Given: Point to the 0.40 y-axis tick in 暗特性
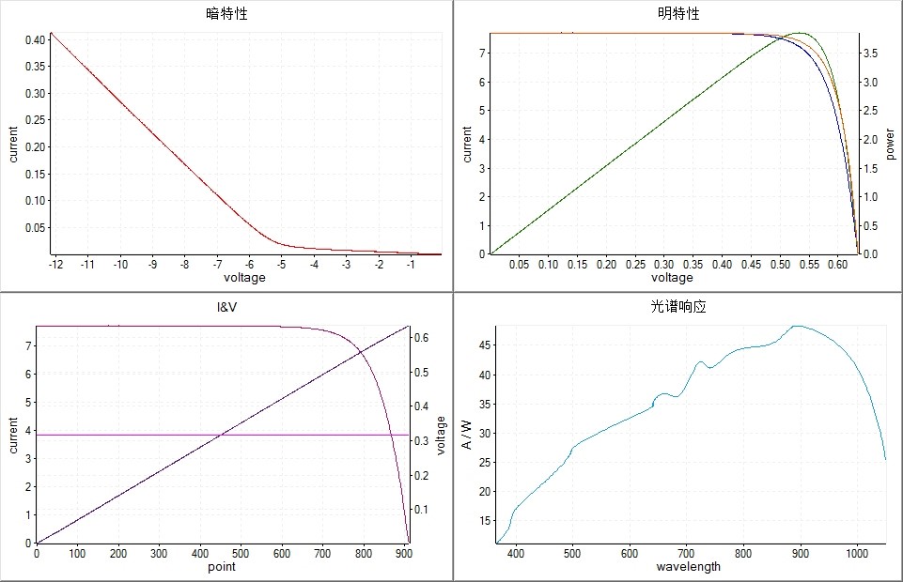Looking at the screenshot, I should (34, 39).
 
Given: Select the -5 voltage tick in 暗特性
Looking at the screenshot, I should (282, 265).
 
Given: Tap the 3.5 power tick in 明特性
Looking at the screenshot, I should (871, 54).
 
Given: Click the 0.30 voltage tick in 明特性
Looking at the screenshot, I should (663, 265).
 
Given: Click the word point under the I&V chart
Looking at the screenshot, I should (222, 566).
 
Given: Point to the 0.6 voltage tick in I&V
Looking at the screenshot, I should (423, 337).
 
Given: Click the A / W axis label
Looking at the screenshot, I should (467, 435).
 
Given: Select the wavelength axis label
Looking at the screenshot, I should (688, 566).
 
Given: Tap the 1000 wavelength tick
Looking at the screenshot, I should (856, 554).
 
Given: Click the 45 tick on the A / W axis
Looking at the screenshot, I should (485, 345).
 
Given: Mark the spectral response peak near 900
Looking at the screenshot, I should (798, 326).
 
